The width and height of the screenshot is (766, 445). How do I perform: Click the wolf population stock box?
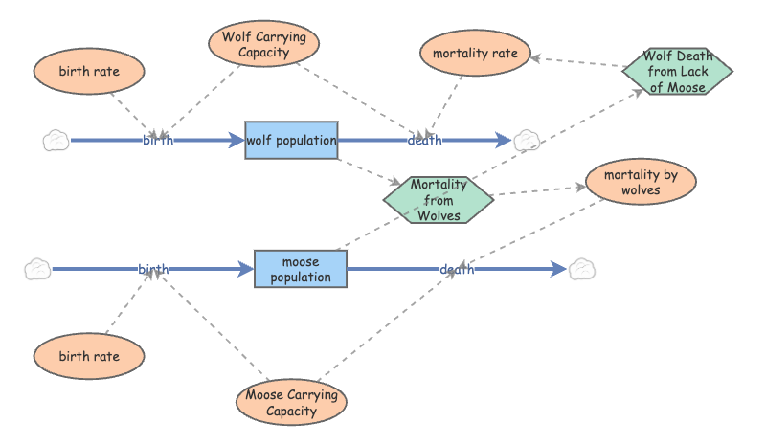[x=291, y=141]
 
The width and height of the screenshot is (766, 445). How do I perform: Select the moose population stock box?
[x=300, y=269]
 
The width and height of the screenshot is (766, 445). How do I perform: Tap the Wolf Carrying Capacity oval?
[x=263, y=44]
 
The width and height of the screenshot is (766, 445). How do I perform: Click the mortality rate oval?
[x=475, y=54]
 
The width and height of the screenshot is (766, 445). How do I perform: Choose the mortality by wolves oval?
[x=640, y=182]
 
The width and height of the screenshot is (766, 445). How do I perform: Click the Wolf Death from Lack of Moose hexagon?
[x=677, y=71]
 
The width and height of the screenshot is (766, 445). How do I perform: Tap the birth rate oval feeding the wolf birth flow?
[x=89, y=71]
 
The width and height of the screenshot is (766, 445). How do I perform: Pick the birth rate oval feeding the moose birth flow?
[x=89, y=356]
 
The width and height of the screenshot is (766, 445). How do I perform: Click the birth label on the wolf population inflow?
[x=158, y=141]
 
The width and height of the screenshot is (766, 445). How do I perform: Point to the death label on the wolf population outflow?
[x=424, y=141]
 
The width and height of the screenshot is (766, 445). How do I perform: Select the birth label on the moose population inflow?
[x=153, y=270]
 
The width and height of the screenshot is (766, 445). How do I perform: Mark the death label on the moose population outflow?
[x=457, y=270]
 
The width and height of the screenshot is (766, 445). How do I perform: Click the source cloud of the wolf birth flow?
[x=56, y=141]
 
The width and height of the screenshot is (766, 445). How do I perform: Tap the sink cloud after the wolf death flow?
[x=528, y=141]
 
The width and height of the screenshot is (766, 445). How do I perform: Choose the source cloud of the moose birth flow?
[x=37, y=269]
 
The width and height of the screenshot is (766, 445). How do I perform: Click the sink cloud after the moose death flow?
[x=582, y=270]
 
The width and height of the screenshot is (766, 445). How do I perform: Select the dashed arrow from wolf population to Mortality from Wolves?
[x=369, y=169]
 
